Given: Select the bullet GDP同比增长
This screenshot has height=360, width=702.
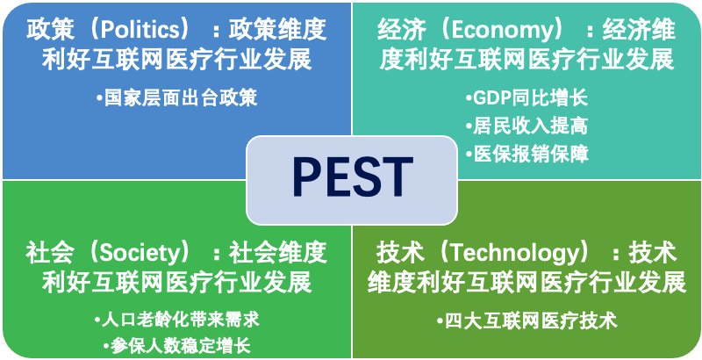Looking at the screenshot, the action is point(526,97).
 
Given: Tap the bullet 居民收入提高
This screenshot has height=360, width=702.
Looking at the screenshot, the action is point(526,126).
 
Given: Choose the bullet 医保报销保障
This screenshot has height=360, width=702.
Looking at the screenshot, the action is point(526,154).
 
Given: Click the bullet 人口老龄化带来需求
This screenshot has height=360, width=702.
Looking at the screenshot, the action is point(176,320).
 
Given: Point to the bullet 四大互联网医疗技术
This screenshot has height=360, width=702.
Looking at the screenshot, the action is point(527,321).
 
